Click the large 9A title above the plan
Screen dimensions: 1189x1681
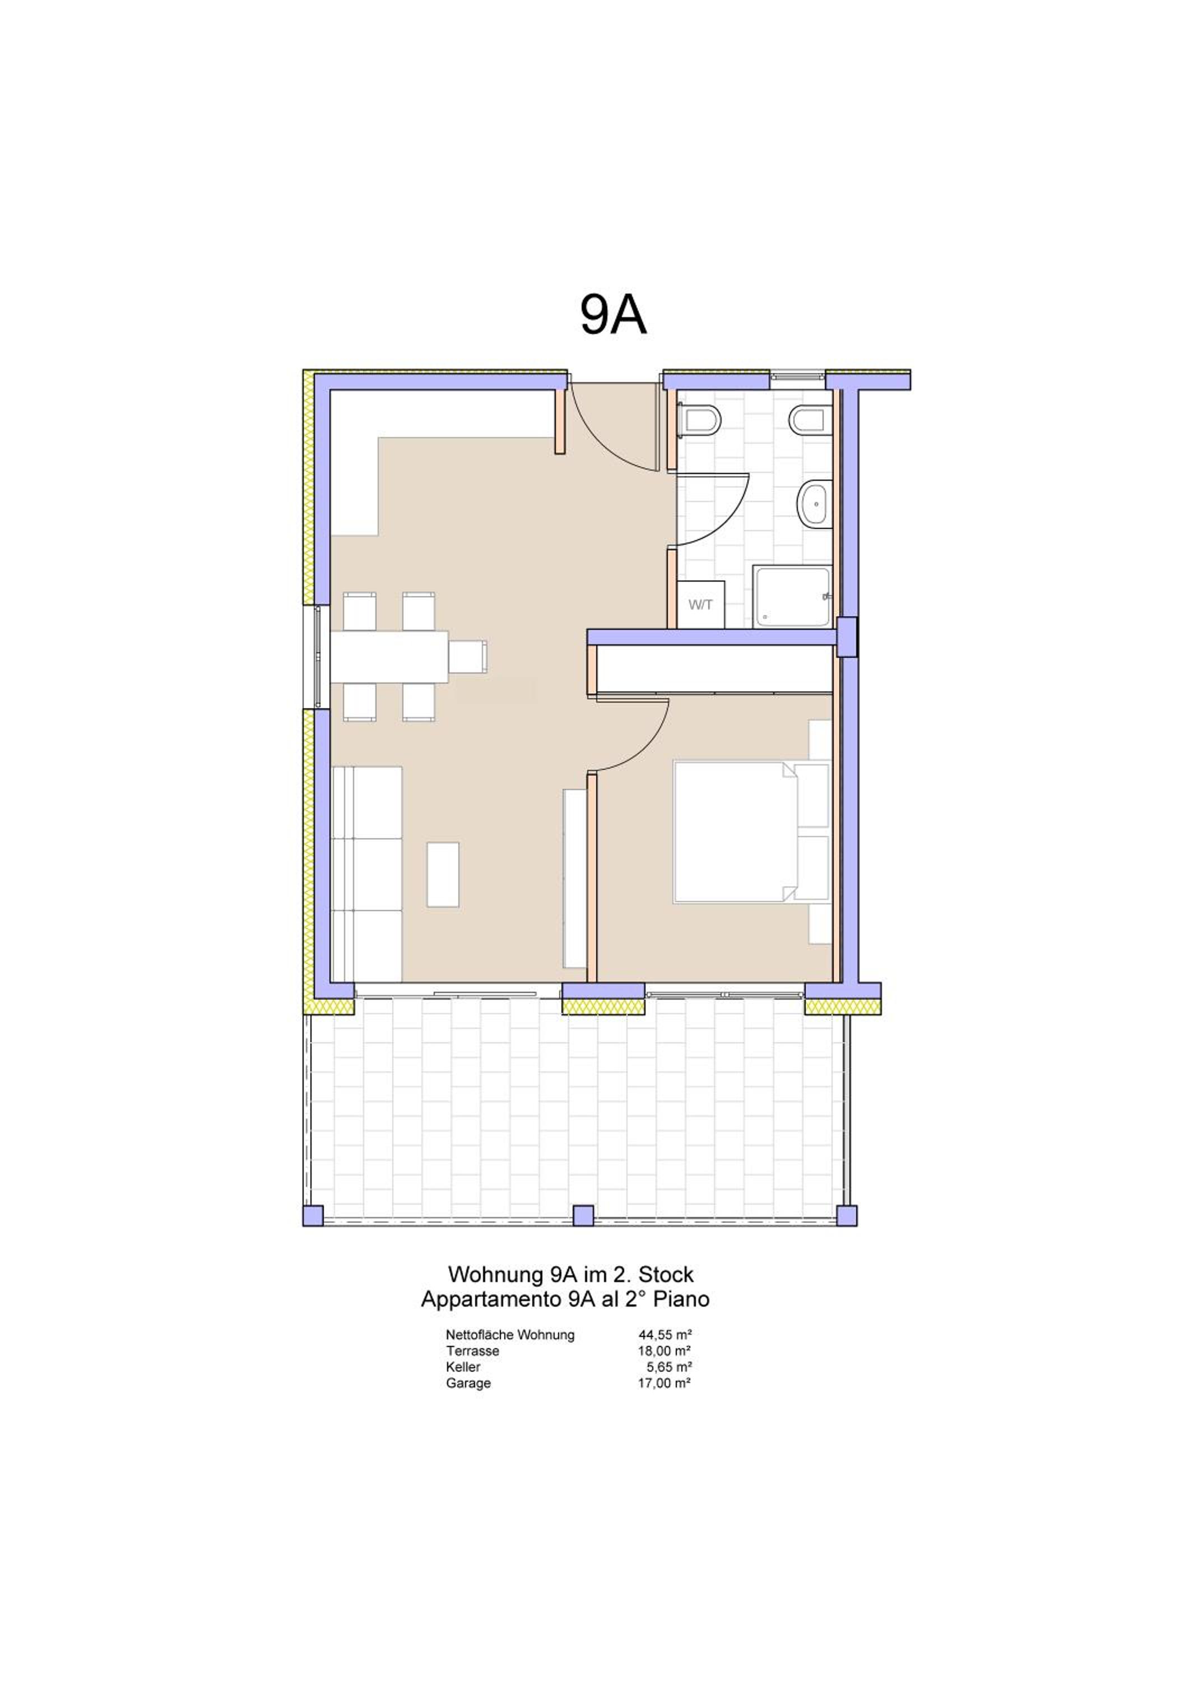614,315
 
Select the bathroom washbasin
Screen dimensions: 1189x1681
815,504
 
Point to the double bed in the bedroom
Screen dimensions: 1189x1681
750,832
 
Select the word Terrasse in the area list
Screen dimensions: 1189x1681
472,1351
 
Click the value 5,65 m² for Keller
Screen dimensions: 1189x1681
669,1367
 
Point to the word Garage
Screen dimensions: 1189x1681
468,1383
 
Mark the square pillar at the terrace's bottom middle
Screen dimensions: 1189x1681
583,1215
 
